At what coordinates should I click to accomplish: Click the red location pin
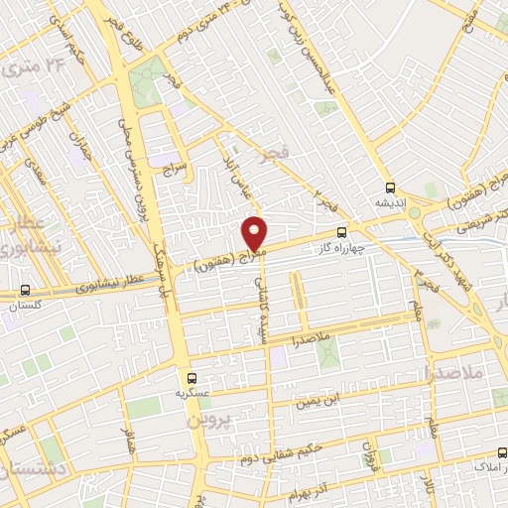[255, 234]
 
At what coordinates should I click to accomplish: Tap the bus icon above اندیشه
[389, 186]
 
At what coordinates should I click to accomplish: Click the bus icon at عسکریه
[192, 377]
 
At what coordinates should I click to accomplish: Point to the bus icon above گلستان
[24, 291]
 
